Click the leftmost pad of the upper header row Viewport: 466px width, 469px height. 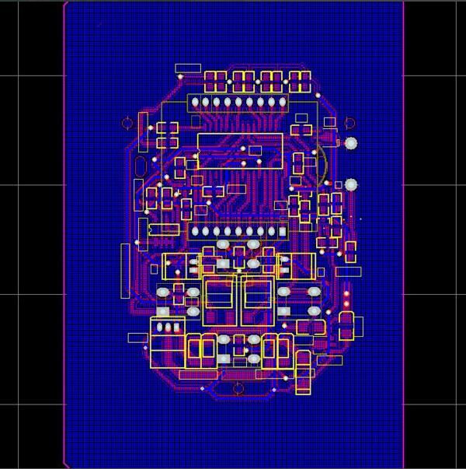pyautogui.click(x=195, y=103)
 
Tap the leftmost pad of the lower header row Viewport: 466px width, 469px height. pyautogui.click(x=195, y=231)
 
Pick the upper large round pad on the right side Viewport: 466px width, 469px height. pyautogui.click(x=351, y=143)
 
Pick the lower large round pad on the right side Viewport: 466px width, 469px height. pyautogui.click(x=351, y=184)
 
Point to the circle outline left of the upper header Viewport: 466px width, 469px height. pyautogui.click(x=127, y=123)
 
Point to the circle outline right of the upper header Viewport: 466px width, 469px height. pyautogui.click(x=349, y=122)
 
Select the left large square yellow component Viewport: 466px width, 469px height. pyautogui.click(x=218, y=301)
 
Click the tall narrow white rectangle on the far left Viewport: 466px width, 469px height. pyautogui.click(x=125, y=270)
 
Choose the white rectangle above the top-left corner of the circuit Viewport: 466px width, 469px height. pyautogui.click(x=187, y=68)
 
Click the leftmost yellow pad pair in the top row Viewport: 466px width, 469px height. pyautogui.click(x=215, y=80)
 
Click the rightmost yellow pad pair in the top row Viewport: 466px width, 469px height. pyautogui.click(x=300, y=80)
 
